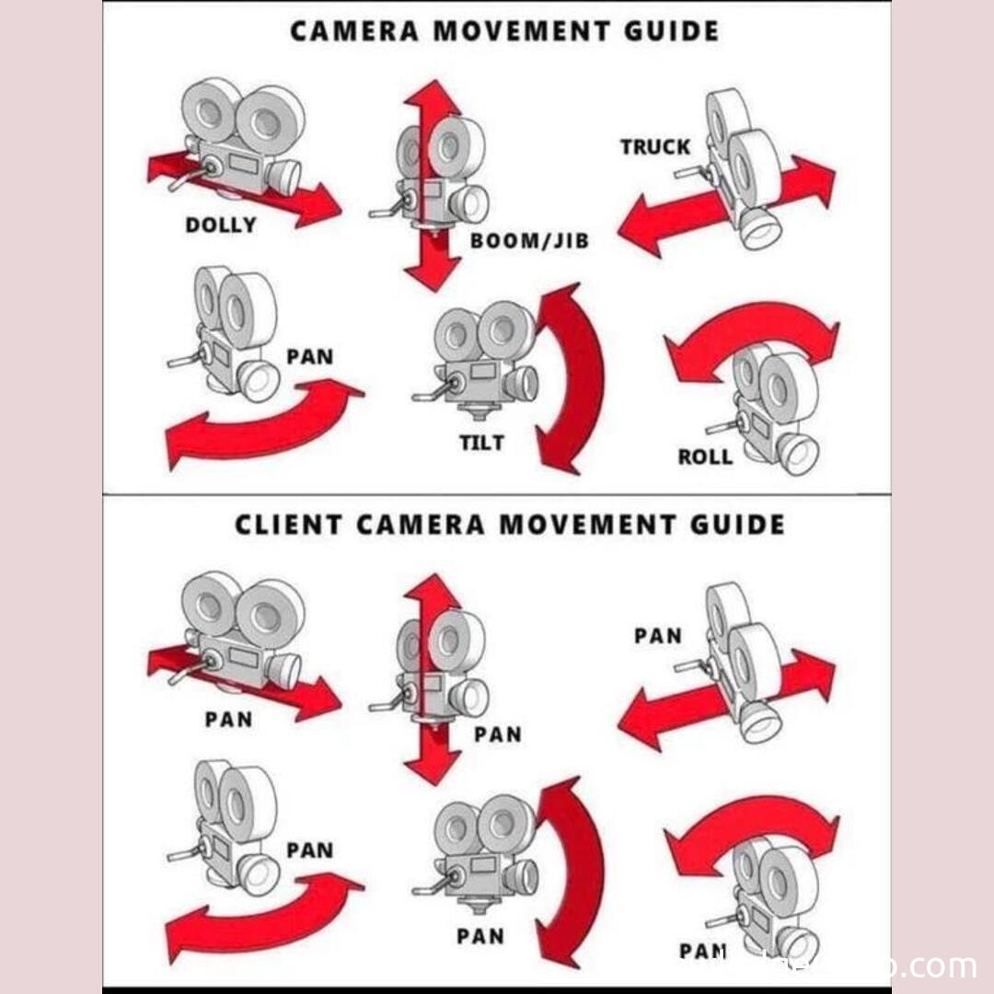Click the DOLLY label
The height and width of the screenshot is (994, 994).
point(220,225)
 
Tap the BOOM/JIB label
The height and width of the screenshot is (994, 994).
point(529,241)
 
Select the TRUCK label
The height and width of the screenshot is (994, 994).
point(654,146)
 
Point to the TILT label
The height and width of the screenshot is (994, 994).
point(481,443)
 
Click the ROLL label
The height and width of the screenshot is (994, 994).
point(705,456)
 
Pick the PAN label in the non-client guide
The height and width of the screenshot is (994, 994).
point(309,356)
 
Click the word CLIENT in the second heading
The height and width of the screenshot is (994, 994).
point(289,525)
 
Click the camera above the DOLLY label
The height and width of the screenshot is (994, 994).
point(241,138)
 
